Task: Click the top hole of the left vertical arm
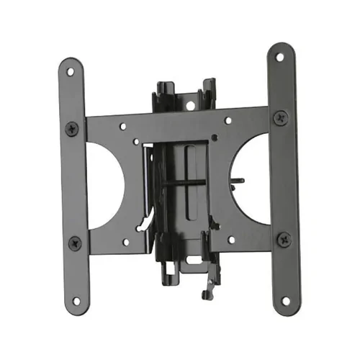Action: [x=70, y=71]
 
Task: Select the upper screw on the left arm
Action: [x=71, y=129]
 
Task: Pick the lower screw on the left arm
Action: [x=73, y=243]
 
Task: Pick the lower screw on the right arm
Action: [x=286, y=238]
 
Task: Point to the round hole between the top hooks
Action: [x=191, y=105]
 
